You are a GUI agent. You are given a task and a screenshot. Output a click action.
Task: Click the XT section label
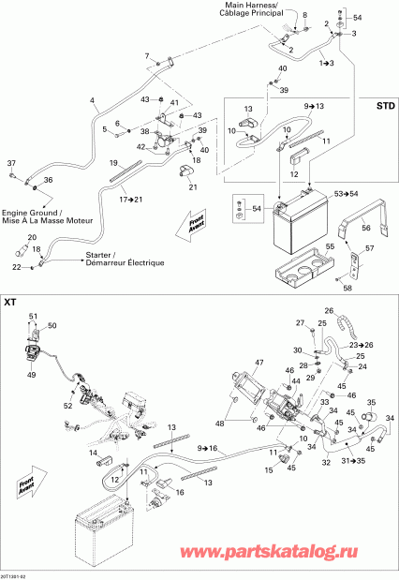click(x=10, y=302)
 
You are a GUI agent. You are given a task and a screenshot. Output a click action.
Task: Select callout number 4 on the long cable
click(x=91, y=100)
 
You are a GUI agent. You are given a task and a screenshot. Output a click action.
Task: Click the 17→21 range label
click(x=130, y=200)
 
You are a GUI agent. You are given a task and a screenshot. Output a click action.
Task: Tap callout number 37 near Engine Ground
click(x=11, y=162)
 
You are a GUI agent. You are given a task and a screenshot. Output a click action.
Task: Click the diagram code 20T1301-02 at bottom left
click(x=18, y=574)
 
